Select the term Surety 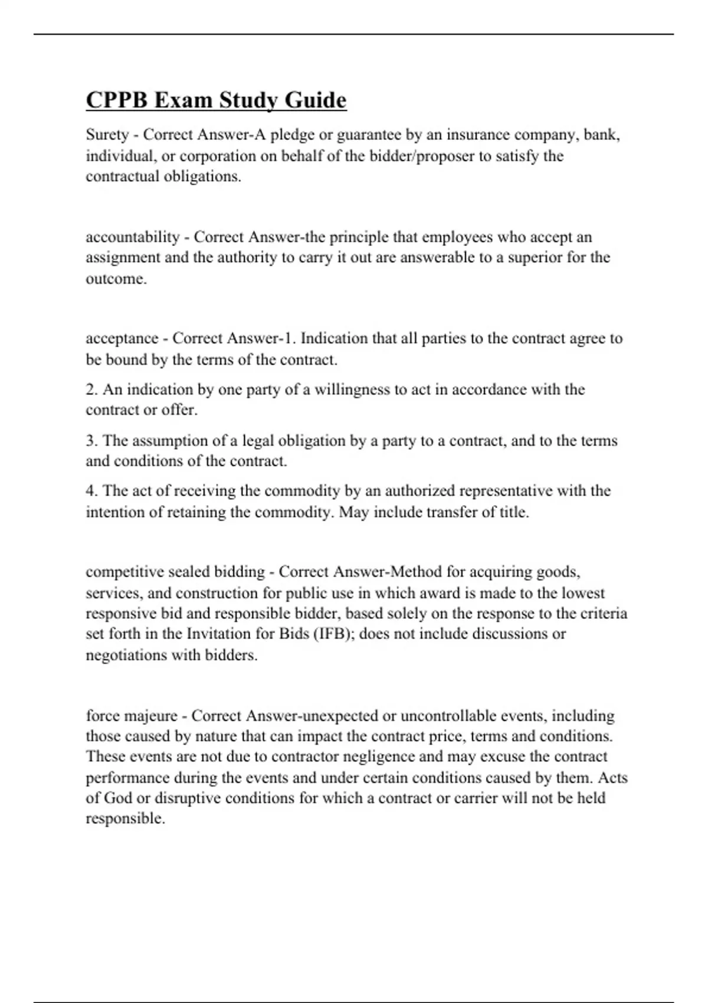click(x=107, y=135)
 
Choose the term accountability click(x=133, y=237)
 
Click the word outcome click(x=115, y=279)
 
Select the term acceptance click(x=122, y=339)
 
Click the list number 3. click(x=91, y=441)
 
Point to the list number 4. click(x=91, y=491)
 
